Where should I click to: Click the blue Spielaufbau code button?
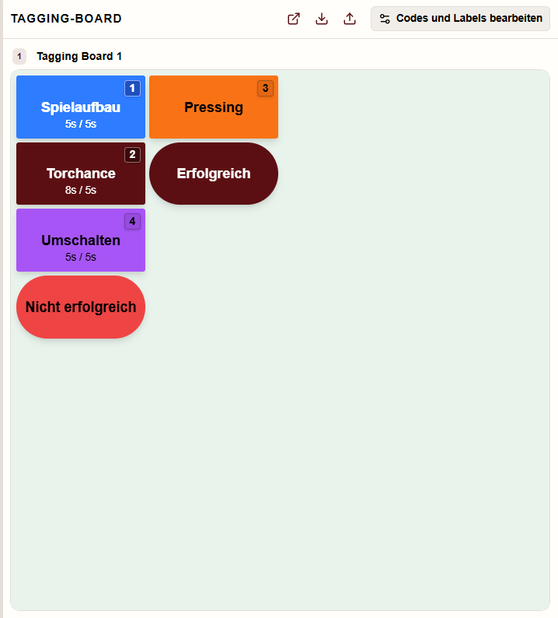(81, 107)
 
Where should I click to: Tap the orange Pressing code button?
(214, 107)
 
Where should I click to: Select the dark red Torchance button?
(81, 174)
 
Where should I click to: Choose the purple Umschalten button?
(81, 240)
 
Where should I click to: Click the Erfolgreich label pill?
(214, 174)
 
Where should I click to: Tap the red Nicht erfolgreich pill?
(81, 307)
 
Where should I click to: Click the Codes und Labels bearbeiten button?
(460, 19)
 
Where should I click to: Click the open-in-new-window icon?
(294, 19)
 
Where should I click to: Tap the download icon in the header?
(322, 19)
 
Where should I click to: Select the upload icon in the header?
(350, 19)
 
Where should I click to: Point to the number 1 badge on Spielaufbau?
(132, 88)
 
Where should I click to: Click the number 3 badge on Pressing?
(265, 88)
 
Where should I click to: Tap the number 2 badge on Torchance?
(132, 154)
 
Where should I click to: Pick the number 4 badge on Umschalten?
(132, 222)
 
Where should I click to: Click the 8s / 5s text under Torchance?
(81, 190)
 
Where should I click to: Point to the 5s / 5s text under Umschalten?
(81, 257)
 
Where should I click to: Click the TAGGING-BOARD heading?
(66, 19)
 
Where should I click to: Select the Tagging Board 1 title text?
(79, 56)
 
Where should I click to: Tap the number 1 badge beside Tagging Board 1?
(19, 56)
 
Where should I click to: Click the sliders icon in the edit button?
(385, 19)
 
